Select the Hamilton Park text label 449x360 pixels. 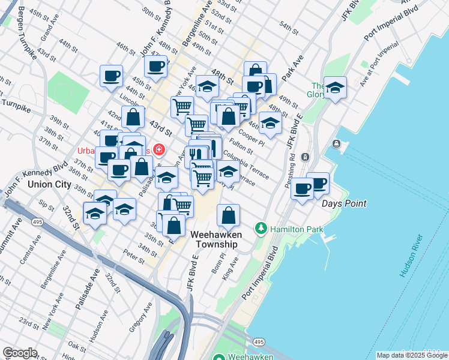click(x=297, y=229)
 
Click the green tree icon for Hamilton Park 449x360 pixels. click(x=261, y=229)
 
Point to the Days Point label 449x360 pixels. click(x=344, y=203)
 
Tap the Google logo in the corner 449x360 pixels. click(x=19, y=353)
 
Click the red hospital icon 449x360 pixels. click(x=159, y=149)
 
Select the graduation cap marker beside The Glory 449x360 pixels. click(x=335, y=88)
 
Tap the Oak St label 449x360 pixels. click(x=77, y=346)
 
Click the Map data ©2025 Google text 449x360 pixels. click(x=411, y=355)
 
